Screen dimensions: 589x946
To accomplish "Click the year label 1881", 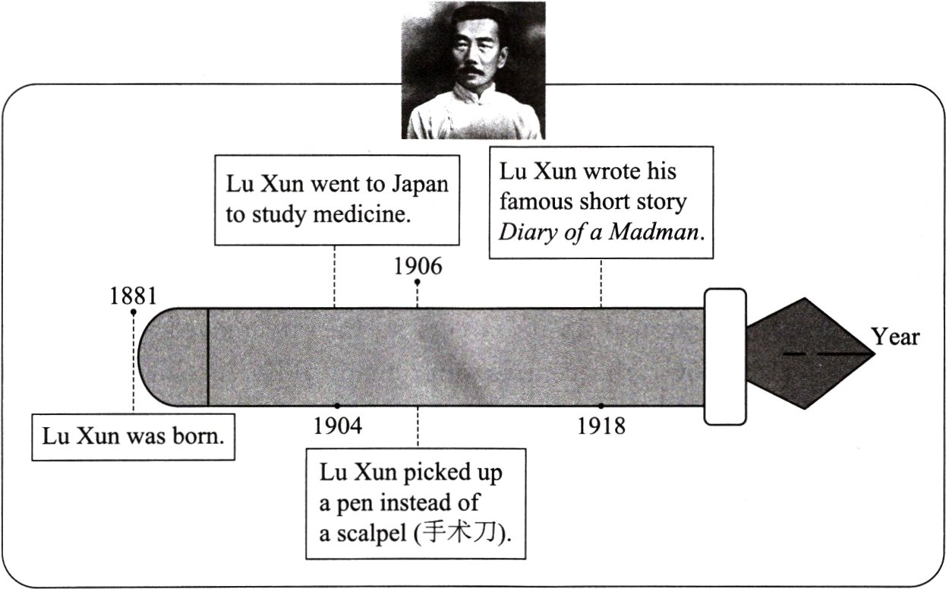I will [132, 296].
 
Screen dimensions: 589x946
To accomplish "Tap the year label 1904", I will [337, 426].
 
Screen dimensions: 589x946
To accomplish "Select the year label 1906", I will [418, 266].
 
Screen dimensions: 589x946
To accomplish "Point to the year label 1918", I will [601, 426].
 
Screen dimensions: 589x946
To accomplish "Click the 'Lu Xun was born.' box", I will [133, 437].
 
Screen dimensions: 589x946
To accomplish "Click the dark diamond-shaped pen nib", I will [805, 353].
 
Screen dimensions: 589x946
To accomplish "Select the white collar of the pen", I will [724, 356].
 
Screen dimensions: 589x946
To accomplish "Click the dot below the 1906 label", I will [417, 282].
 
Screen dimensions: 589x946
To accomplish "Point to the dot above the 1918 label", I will [601, 406].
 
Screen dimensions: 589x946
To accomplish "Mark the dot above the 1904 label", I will [337, 406].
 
